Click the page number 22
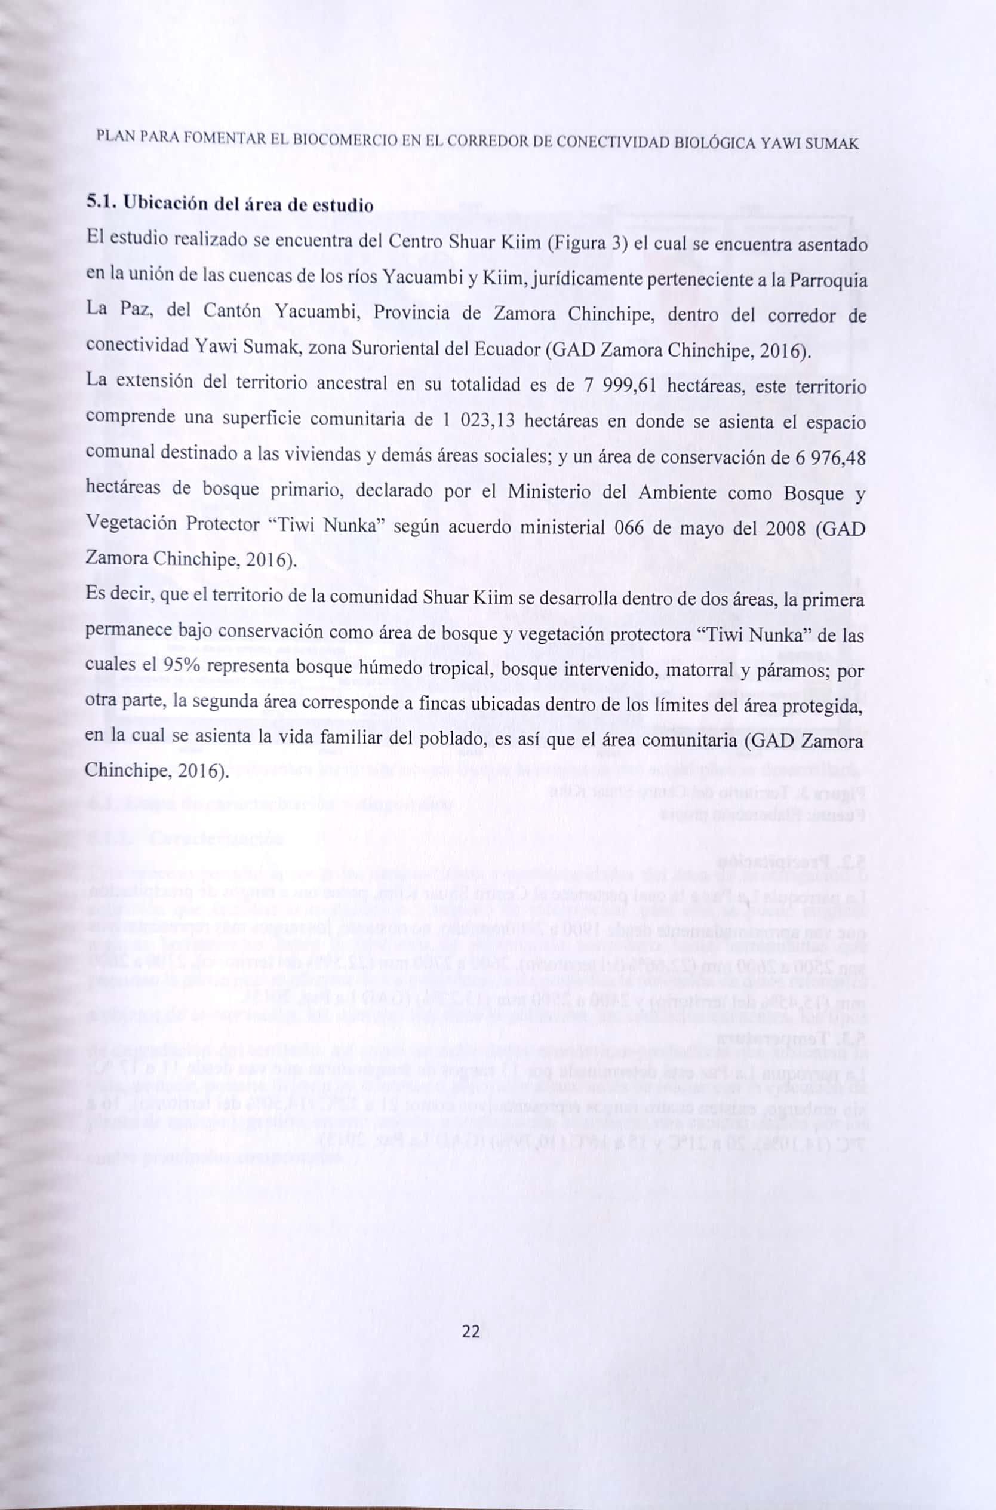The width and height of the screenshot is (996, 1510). point(471,1332)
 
